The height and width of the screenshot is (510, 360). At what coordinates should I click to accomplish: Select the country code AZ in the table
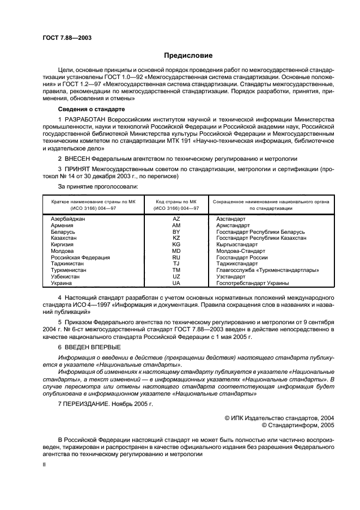[176, 218]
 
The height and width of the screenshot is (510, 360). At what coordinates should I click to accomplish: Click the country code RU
[176, 257]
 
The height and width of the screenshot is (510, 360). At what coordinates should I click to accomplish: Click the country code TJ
[176, 264]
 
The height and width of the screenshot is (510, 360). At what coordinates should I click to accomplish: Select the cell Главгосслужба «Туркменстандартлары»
[267, 270]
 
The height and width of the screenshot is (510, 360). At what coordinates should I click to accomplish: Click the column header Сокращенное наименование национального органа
[271, 201]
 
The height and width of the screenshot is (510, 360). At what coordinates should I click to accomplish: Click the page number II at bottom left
[45, 466]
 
